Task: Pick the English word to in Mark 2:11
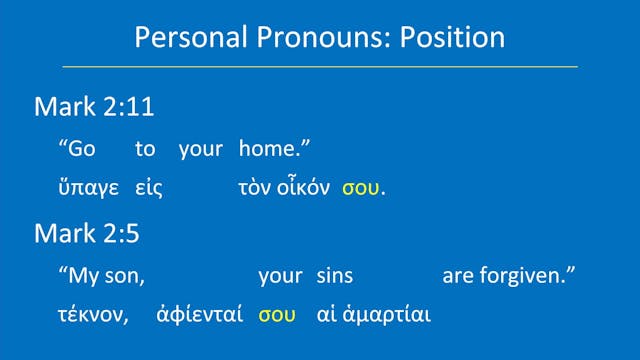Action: [146, 149]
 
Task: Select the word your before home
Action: [200, 150]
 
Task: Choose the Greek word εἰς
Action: [149, 188]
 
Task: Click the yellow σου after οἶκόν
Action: [361, 189]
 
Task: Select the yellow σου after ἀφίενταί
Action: [277, 315]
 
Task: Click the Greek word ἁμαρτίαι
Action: [388, 315]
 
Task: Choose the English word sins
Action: [334, 275]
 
